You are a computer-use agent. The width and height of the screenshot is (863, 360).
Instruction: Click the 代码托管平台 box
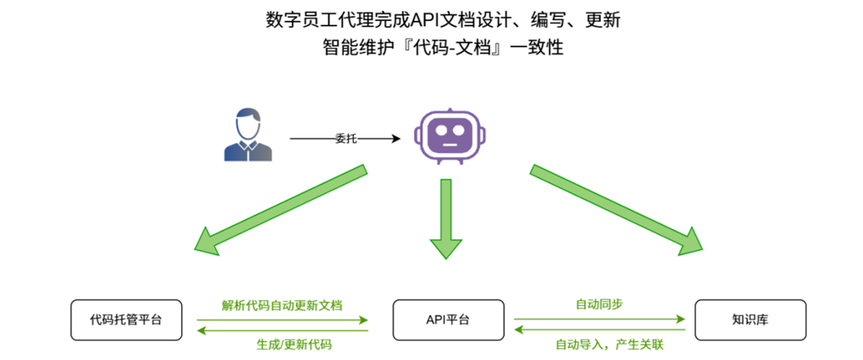[126, 320]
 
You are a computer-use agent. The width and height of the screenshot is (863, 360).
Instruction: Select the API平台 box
[448, 320]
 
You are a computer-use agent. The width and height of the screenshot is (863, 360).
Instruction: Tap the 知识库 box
[750, 320]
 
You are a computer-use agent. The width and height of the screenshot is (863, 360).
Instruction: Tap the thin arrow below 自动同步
[599, 320]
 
